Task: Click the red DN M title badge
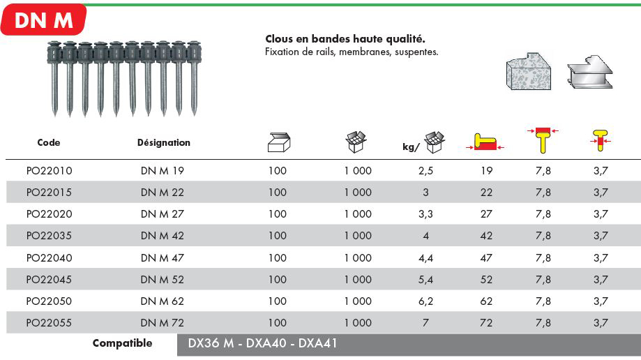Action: pyautogui.click(x=43, y=20)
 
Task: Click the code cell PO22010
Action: pyautogui.click(x=49, y=170)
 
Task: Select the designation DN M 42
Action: pyautogui.click(x=163, y=236)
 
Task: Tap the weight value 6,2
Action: pyautogui.click(x=425, y=301)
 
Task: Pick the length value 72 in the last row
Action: pyautogui.click(x=486, y=323)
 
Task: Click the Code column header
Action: pyautogui.click(x=49, y=142)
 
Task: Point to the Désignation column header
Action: pyautogui.click(x=164, y=142)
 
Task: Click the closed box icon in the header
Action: pyautogui.click(x=278, y=142)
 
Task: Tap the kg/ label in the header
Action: pyautogui.click(x=411, y=147)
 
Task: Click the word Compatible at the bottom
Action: pyautogui.click(x=122, y=343)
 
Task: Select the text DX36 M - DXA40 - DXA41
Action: pyautogui.click(x=263, y=344)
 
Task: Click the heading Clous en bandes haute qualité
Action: pyautogui.click(x=345, y=39)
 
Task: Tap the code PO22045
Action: pyautogui.click(x=49, y=280)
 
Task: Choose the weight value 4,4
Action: pyautogui.click(x=425, y=258)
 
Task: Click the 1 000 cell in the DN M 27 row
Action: pyautogui.click(x=358, y=214)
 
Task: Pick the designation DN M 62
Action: pyautogui.click(x=163, y=301)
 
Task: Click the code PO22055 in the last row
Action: pyautogui.click(x=49, y=323)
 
